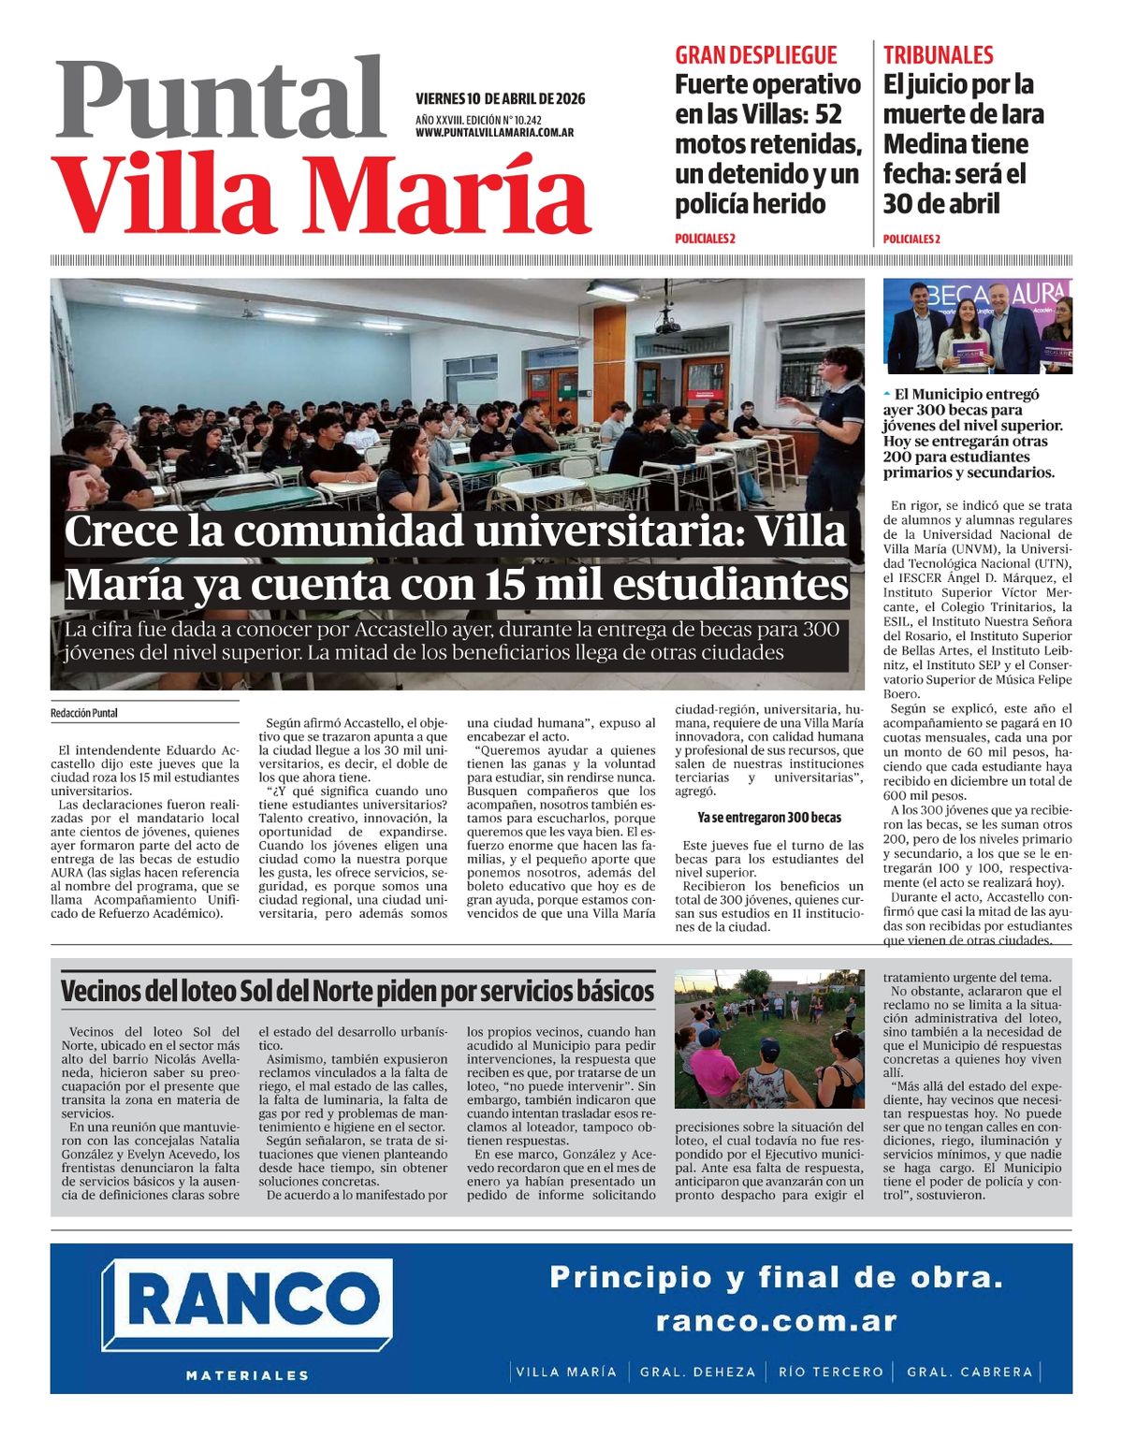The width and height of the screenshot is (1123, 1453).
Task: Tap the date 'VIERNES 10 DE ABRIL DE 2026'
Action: point(500,99)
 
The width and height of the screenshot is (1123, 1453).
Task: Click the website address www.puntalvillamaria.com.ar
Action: point(494,133)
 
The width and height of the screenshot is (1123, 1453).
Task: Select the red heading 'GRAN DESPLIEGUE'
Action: point(755,55)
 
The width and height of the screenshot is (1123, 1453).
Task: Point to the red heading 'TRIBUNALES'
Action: point(938,55)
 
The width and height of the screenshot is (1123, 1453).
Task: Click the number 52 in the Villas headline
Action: point(828,115)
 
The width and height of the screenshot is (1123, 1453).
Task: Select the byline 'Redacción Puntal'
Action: point(84,713)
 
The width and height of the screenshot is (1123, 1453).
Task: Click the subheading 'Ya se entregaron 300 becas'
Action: point(769,818)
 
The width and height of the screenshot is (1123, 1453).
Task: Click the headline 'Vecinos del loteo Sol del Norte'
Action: point(357,991)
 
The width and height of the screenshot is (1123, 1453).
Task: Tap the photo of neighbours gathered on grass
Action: point(769,1039)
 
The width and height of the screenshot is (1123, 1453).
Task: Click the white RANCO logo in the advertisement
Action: point(248,1302)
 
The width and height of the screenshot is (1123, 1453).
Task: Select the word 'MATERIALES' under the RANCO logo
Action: point(247,1375)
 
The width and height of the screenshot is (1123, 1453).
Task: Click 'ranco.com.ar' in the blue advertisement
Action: point(776,1321)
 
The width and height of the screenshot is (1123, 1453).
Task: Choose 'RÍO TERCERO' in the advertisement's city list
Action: point(830,1372)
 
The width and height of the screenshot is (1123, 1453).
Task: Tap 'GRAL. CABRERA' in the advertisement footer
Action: point(970,1372)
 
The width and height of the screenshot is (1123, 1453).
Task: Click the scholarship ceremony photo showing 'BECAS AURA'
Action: point(977,326)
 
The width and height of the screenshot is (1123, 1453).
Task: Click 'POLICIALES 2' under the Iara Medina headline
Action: point(911,239)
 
